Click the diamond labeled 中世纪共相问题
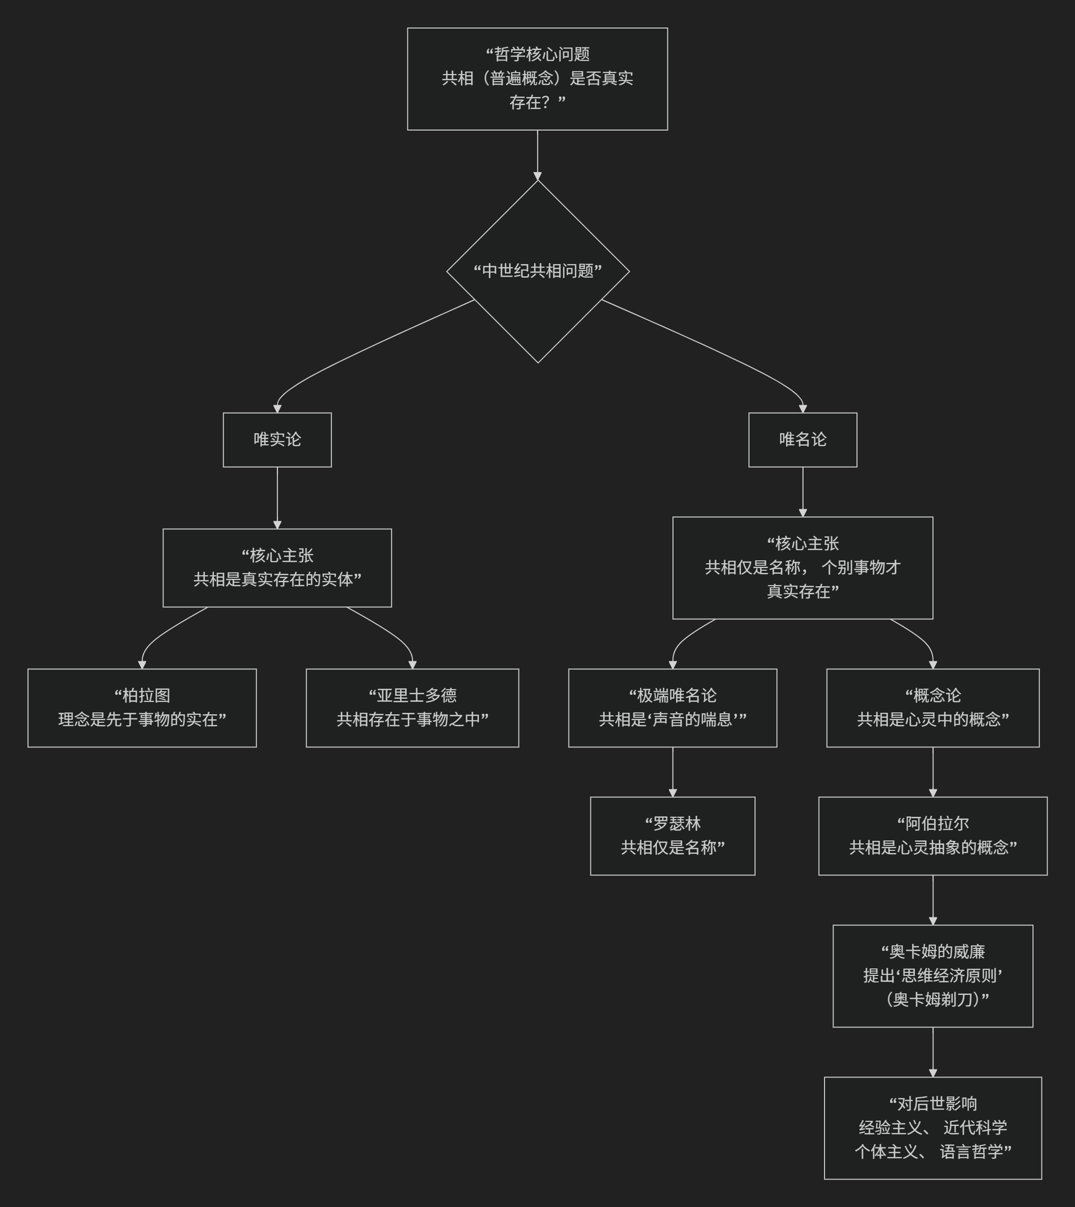(x=537, y=271)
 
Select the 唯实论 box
(x=277, y=440)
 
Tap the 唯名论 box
(x=802, y=440)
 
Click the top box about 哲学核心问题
(x=537, y=79)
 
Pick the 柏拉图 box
(x=142, y=708)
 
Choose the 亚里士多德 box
(x=412, y=708)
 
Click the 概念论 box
(x=932, y=708)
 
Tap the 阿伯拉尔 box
(x=932, y=836)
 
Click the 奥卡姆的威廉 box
(x=932, y=976)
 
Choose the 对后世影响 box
(x=932, y=1128)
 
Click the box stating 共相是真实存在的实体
(x=277, y=568)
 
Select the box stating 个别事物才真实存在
(x=802, y=568)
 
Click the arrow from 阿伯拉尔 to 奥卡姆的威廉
(x=932, y=900)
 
